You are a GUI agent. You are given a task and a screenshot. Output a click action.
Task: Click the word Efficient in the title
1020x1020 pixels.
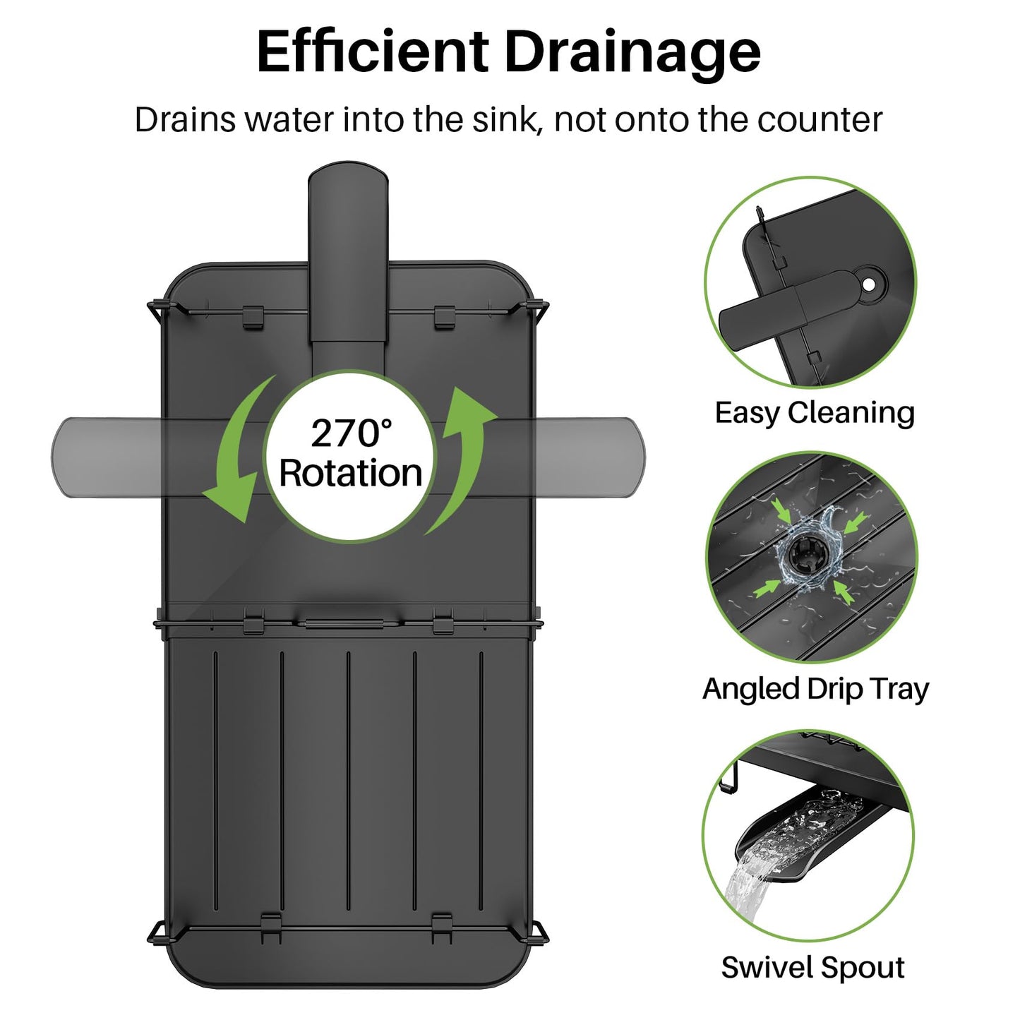click(x=372, y=52)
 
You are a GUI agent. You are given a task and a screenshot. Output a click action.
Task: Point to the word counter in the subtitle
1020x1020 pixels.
click(x=820, y=121)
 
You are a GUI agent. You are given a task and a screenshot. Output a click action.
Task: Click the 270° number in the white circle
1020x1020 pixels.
click(x=350, y=433)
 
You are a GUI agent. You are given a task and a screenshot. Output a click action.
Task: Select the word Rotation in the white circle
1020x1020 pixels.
click(x=350, y=473)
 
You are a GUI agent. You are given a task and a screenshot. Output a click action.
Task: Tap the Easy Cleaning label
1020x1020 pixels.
click(x=815, y=414)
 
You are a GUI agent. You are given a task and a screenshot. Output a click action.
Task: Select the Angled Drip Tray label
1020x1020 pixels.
click(x=816, y=690)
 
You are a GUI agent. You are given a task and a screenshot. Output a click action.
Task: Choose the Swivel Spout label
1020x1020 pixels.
click(x=813, y=968)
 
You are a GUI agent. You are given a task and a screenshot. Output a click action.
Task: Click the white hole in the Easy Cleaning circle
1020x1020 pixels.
click(x=869, y=284)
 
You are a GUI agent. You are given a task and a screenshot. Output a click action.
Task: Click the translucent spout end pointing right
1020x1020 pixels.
click(x=630, y=457)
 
